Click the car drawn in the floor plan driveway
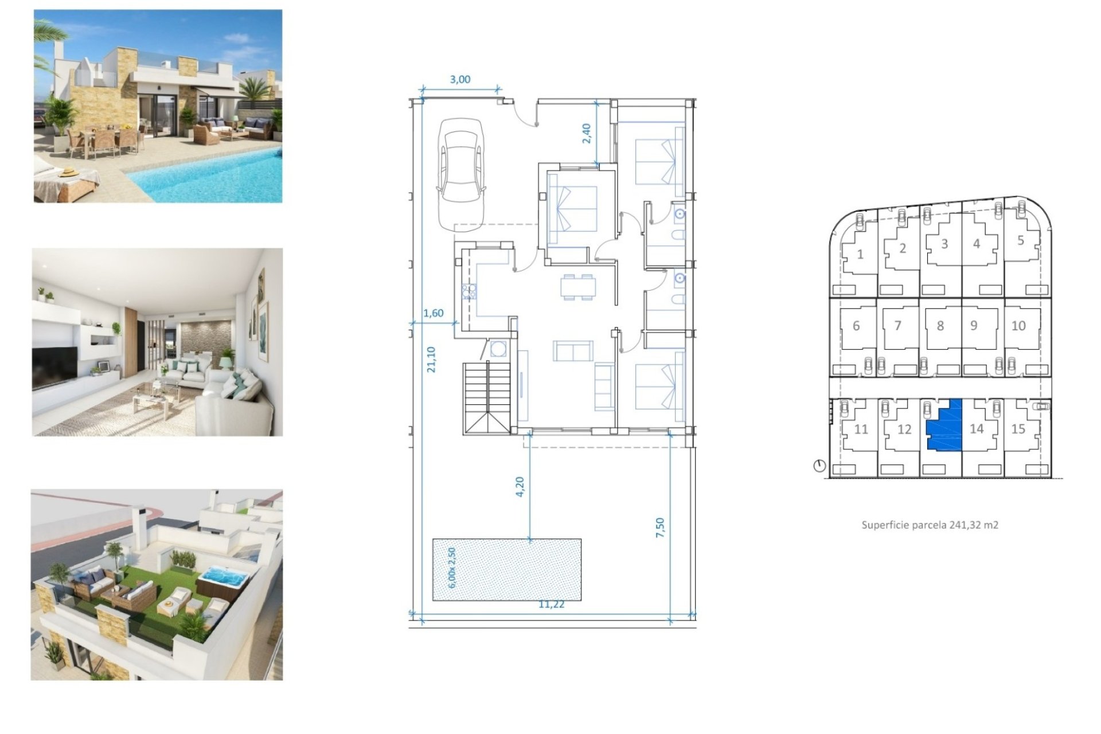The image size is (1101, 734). (x=461, y=175)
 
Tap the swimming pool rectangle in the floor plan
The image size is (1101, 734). (x=507, y=569)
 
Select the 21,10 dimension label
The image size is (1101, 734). (x=431, y=360)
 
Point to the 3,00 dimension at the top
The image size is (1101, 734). (x=460, y=80)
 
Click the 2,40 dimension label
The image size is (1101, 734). (x=586, y=134)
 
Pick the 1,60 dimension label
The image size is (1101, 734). (x=434, y=313)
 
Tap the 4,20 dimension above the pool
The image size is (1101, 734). (x=520, y=487)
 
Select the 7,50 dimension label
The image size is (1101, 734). (x=660, y=528)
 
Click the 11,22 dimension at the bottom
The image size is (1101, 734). (x=552, y=604)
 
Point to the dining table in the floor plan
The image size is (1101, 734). (x=577, y=287)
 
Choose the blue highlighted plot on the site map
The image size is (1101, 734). (x=944, y=426)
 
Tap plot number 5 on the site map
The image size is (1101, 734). (x=1021, y=240)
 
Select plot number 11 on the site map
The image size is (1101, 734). (x=861, y=429)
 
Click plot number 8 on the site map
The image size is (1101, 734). (x=940, y=326)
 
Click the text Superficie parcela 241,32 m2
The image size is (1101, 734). (x=930, y=525)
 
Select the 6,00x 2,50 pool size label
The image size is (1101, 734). (x=452, y=568)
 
